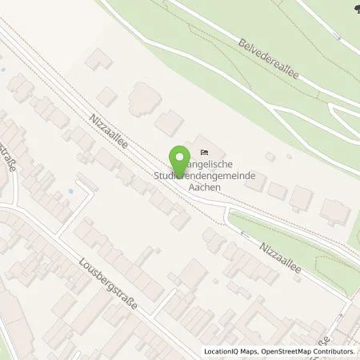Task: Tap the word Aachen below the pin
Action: click(202, 185)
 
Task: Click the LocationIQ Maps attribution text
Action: click(228, 351)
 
